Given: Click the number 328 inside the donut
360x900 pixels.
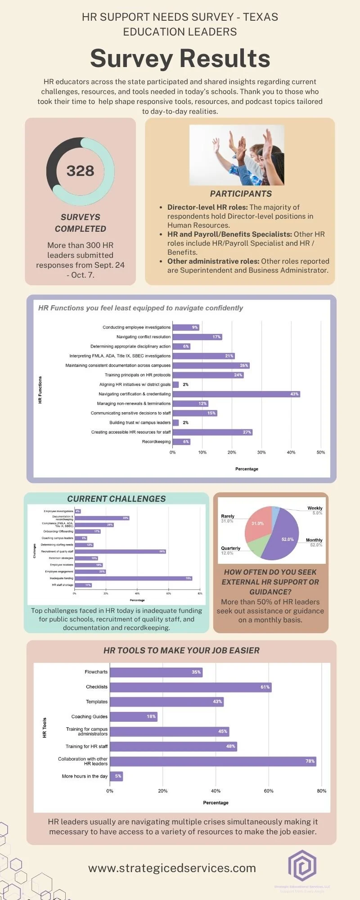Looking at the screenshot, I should (x=81, y=171).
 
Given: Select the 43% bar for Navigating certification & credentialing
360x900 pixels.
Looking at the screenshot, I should (x=236, y=394).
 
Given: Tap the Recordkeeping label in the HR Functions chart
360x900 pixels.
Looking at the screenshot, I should (x=156, y=442).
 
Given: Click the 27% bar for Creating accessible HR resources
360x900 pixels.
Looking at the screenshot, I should (x=212, y=432).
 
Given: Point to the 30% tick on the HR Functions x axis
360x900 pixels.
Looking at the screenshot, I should (x=261, y=452).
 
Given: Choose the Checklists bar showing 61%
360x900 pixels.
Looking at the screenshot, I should (x=190, y=687).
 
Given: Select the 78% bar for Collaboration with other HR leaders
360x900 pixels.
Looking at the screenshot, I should (x=213, y=761).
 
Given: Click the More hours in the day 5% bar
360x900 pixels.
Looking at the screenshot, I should (x=116, y=776).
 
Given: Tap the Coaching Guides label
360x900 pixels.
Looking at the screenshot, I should (x=89, y=717).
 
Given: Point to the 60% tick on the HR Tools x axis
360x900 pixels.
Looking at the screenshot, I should (x=269, y=791).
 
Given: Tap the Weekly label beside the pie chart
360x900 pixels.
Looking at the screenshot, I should (x=315, y=508).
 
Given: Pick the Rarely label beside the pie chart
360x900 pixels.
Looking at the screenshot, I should (x=228, y=516).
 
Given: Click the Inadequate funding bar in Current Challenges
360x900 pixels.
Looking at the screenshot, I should (x=133, y=578).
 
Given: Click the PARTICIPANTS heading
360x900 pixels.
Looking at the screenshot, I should (x=241, y=194).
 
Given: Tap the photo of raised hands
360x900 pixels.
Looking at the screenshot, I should (x=237, y=155).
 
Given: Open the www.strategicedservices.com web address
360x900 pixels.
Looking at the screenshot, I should (x=172, y=868).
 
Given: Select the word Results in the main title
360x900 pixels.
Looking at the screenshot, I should (x=225, y=58).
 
